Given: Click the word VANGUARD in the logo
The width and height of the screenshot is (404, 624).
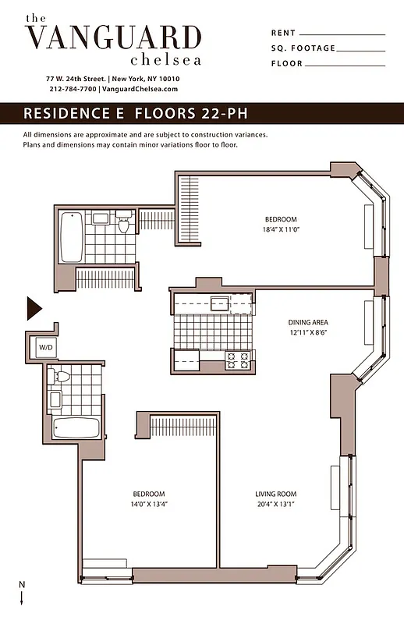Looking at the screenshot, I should pyautogui.click(x=113, y=37).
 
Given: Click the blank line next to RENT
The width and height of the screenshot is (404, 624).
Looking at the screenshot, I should pyautogui.click(x=342, y=34).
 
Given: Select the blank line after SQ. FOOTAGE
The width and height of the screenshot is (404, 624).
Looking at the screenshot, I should pyautogui.click(x=362, y=49).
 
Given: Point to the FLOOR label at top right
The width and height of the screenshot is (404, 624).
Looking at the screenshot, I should pyautogui.click(x=287, y=64).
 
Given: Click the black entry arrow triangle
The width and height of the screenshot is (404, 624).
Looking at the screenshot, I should pyautogui.click(x=34, y=308).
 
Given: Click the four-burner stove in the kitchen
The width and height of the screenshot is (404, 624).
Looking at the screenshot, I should pyautogui.click(x=237, y=360).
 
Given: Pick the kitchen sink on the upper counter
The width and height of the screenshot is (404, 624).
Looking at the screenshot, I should pyautogui.click(x=219, y=302).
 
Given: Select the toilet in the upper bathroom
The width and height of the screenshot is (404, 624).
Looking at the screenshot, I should pyautogui.click(x=122, y=224).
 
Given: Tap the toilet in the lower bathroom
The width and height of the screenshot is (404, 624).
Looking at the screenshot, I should pyautogui.click(x=61, y=378).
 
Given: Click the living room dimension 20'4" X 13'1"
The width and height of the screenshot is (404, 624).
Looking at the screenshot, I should pyautogui.click(x=276, y=504).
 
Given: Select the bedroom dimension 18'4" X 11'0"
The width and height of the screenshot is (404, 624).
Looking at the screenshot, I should pyautogui.click(x=280, y=230).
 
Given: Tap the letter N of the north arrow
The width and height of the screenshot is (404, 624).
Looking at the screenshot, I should pyautogui.click(x=21, y=585).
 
